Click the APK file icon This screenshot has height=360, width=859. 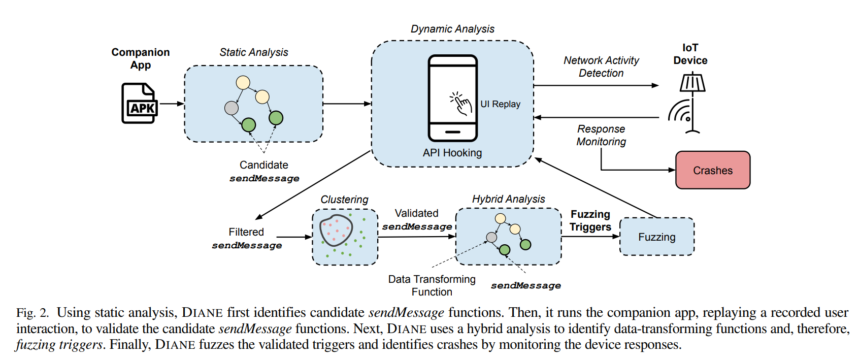click(139, 104)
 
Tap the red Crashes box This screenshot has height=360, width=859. click(712, 170)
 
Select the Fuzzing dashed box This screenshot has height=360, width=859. click(656, 237)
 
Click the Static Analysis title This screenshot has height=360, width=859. click(253, 52)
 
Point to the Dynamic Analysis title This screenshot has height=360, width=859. click(452, 29)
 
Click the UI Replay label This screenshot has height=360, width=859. click(500, 104)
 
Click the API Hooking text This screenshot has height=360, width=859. click(452, 153)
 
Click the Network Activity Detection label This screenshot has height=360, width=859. click(601, 67)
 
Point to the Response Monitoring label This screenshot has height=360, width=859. click(601, 135)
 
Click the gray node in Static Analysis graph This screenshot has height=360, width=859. click(232, 108)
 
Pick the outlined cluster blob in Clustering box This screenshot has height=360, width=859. click(336, 230)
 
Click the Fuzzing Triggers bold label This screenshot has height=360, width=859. click(590, 220)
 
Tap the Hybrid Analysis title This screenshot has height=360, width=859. click(508, 199)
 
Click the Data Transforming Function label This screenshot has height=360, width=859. click(432, 285)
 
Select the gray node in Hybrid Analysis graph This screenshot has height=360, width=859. click(491, 237)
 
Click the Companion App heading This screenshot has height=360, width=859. click(141, 58)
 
